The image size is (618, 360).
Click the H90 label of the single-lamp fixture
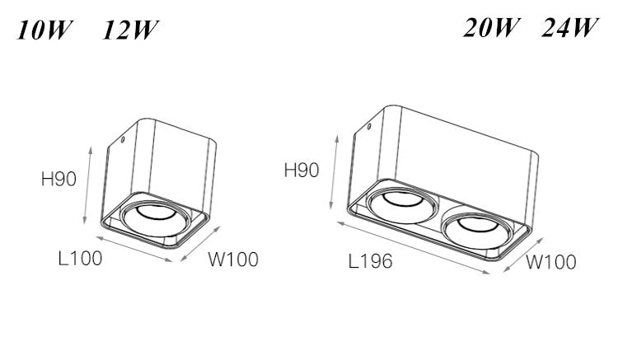click(x=59, y=178)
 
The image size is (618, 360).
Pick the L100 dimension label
click(x=80, y=259)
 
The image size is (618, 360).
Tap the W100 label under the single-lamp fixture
click(x=232, y=260)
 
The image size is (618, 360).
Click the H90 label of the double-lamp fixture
click(x=301, y=171)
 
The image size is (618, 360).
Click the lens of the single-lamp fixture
click(x=155, y=216)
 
